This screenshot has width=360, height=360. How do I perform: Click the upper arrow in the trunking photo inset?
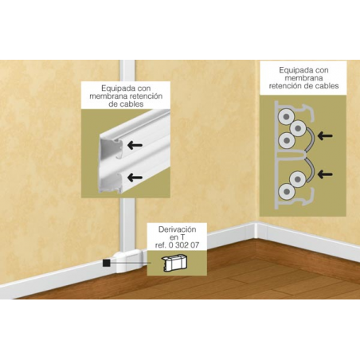[x=135, y=145]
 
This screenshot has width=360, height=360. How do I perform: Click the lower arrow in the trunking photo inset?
[x=135, y=177]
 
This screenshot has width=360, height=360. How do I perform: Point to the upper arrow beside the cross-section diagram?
[x=325, y=136]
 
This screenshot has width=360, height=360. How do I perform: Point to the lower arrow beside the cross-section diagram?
[x=325, y=174]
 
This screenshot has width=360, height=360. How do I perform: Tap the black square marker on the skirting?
[x=106, y=263]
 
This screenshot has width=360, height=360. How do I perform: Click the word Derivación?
[x=177, y=229]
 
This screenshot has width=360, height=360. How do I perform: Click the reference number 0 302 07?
[x=184, y=245]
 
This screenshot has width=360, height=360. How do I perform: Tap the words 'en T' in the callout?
[x=174, y=237]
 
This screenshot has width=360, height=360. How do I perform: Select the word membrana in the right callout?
[x=303, y=78]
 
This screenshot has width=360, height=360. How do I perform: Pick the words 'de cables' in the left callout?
[x=126, y=104]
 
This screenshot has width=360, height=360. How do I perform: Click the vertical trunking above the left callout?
[x=127, y=71]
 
